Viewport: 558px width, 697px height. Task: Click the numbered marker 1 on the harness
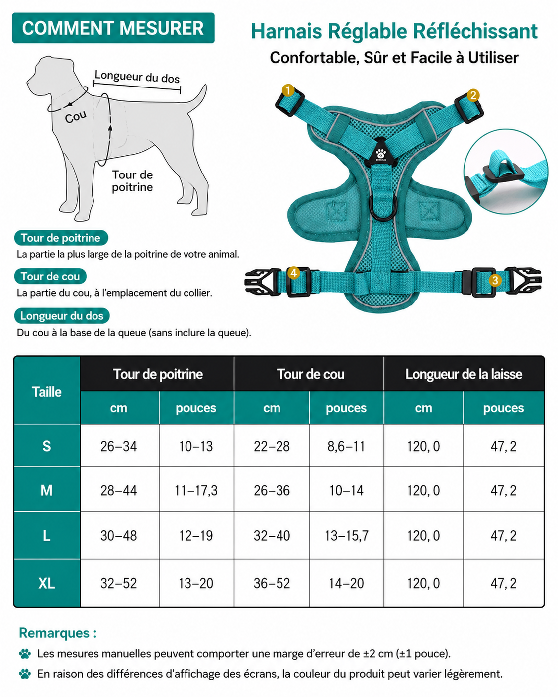coord(288,90)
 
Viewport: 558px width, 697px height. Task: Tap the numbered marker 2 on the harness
coord(473,95)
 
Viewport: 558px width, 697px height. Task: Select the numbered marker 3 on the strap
coord(495,280)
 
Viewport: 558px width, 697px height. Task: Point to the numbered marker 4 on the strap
coord(293,273)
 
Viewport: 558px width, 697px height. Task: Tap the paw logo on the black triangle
coord(381,154)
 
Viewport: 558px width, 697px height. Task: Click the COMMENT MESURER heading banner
coord(113,28)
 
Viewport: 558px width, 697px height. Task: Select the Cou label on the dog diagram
coord(76,117)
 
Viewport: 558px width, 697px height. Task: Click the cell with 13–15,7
coord(347,535)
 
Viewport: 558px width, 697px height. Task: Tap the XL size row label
coord(47,583)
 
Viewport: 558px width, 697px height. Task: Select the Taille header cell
coord(47,392)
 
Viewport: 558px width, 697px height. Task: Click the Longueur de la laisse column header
coord(464,374)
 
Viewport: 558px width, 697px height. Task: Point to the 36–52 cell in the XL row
coord(272,583)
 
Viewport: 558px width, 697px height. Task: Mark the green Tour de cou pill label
coord(50,276)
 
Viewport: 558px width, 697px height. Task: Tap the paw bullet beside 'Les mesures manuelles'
coord(25,654)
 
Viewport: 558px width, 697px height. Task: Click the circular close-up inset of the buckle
coord(506,172)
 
